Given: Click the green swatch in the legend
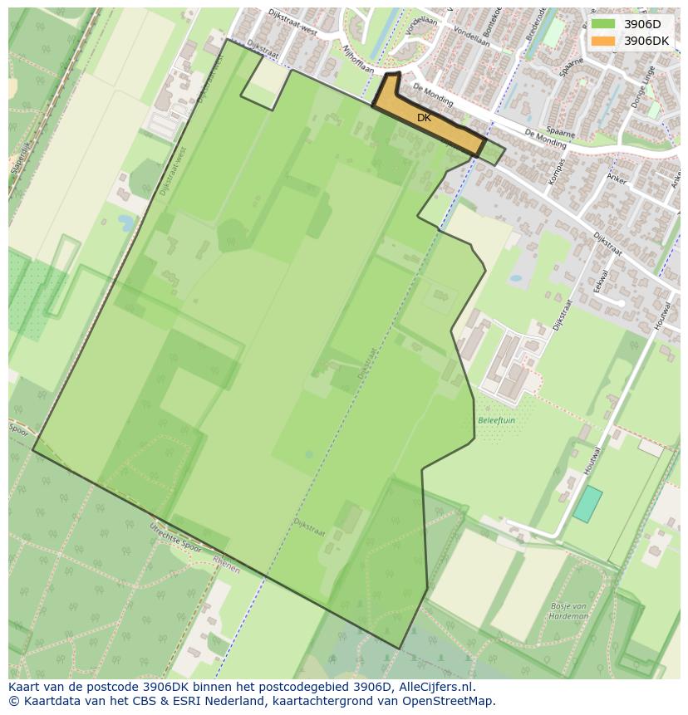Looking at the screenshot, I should click(x=603, y=24).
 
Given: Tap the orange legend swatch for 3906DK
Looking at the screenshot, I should click(x=603, y=41).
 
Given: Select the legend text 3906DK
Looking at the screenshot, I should click(x=647, y=41).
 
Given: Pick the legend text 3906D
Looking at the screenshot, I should click(x=642, y=24).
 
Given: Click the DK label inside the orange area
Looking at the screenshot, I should click(x=424, y=118).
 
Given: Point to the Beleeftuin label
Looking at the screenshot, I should click(x=496, y=420).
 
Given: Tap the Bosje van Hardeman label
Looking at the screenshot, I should click(x=569, y=611).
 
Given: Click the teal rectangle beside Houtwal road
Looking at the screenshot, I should click(x=587, y=504).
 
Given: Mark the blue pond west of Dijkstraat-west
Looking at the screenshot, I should click(x=126, y=223).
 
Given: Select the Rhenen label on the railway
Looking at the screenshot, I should click(x=225, y=566).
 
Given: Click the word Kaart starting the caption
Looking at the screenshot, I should click(x=24, y=687).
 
